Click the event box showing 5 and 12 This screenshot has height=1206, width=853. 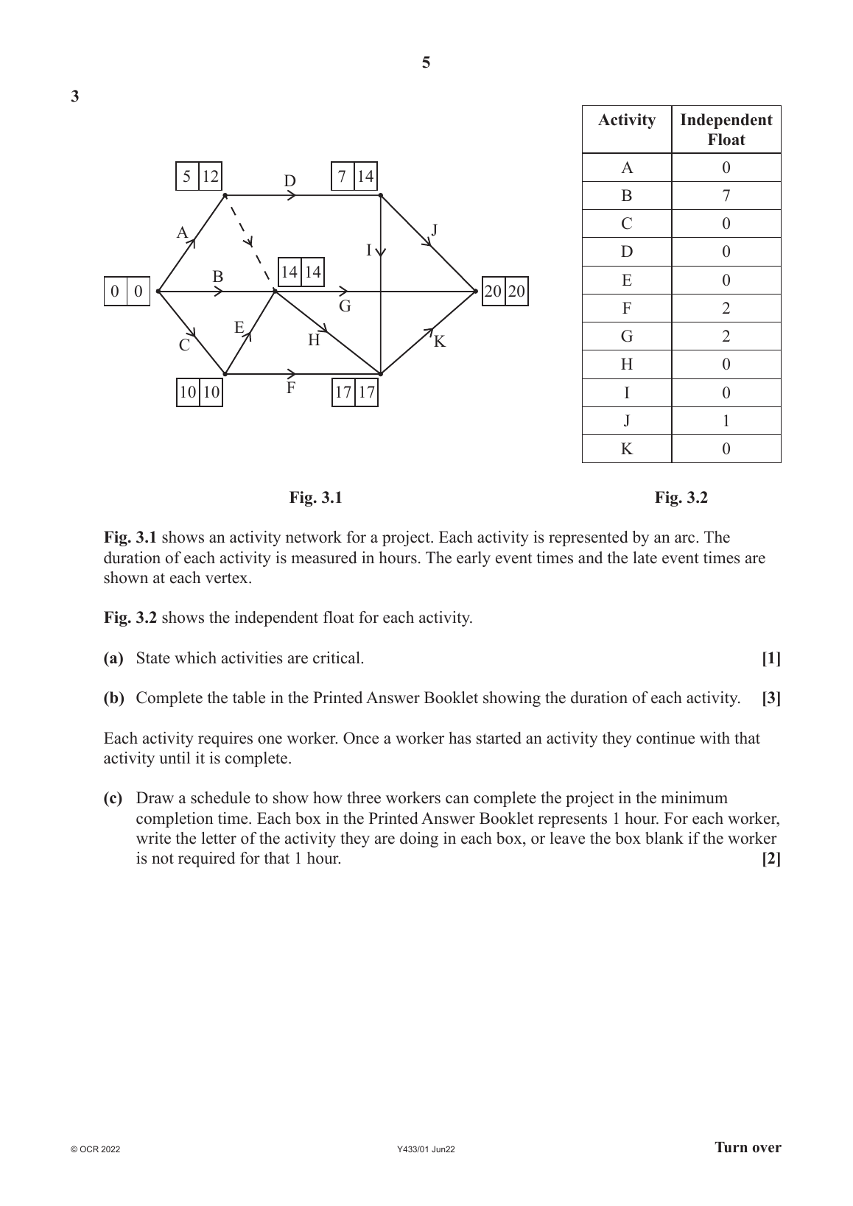199,177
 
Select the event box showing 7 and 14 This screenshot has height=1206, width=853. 354,177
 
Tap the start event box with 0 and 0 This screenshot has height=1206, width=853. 127,292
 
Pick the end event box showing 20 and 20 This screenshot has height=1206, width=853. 505,292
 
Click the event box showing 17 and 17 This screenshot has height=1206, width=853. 355,392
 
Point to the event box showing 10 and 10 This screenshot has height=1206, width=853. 200,392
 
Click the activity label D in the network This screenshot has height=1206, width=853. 290,181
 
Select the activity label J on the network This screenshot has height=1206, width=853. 435,230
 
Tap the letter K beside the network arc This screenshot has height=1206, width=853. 440,342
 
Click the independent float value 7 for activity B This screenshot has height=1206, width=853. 726,196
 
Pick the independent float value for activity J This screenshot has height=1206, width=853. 726,421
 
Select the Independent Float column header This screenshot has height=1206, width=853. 726,130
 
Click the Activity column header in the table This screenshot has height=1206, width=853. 627,121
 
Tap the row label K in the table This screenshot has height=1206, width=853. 627,449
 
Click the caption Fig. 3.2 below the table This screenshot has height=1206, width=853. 681,498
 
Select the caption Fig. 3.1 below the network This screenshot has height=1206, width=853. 315,498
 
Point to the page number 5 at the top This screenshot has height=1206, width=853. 426,63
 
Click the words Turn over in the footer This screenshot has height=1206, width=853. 748,1148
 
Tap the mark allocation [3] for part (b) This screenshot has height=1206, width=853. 771,699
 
